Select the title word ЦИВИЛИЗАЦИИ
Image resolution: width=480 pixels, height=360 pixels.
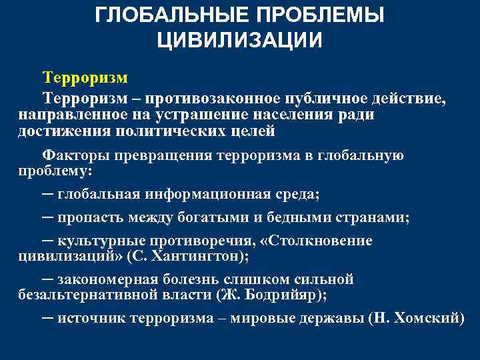point(240,39)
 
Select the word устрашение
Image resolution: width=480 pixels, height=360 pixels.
point(194,114)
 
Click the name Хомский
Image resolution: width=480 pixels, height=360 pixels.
point(424,319)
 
